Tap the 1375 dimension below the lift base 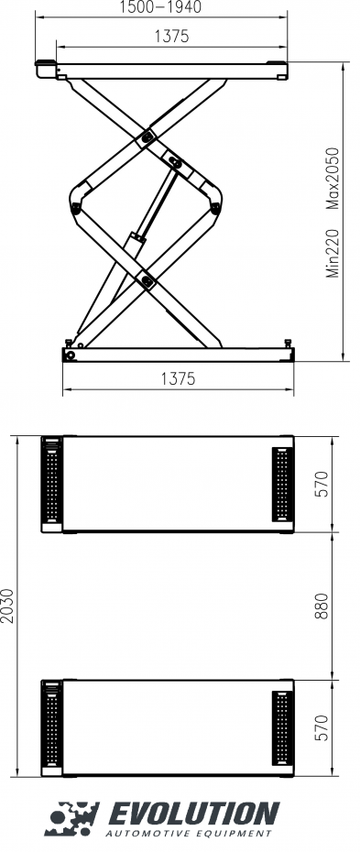tap(178, 378)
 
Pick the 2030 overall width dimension tap(8, 606)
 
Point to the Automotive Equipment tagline tap(189, 834)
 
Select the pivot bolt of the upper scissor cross tap(146, 137)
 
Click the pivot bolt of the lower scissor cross tap(145, 279)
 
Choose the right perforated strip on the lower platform tap(281, 728)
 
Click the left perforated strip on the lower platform tap(52, 728)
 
